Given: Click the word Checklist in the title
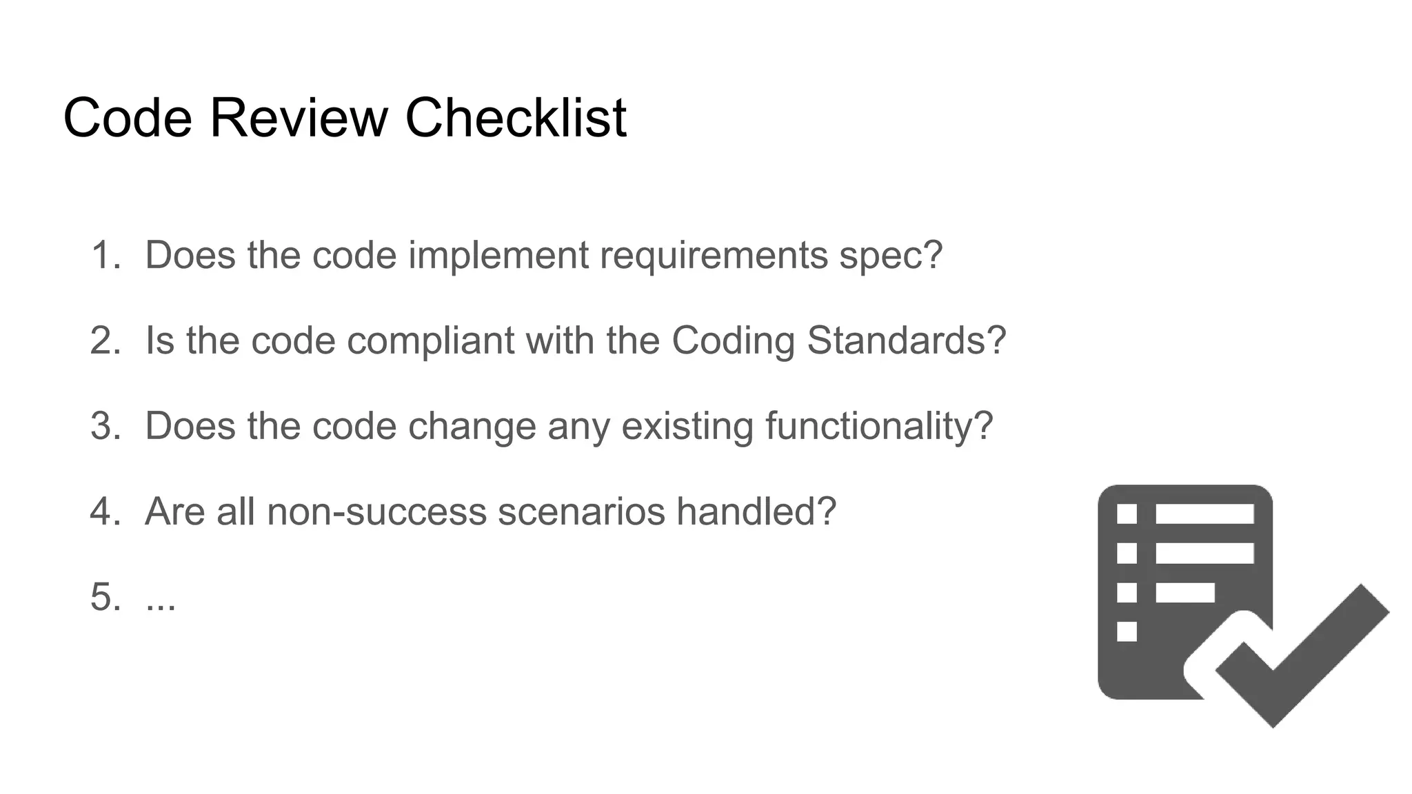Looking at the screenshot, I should coord(516,117).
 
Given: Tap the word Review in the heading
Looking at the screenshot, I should coord(299,117).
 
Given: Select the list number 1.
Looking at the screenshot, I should coord(104,255).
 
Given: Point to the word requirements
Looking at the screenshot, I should coord(713,255).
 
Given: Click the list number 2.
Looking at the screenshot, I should coord(104,340).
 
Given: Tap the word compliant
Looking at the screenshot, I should coord(430,340).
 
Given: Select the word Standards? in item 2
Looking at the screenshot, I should coord(906,340).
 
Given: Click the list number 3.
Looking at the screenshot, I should coord(104,426).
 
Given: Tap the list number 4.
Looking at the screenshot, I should coord(104,511).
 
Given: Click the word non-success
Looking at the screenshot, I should coord(376,511).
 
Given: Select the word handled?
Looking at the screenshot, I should coord(756,511).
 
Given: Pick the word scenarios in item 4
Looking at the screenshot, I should coord(581,511).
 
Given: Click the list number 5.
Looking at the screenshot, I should coord(104,597).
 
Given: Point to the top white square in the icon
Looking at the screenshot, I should coord(1127,514).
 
